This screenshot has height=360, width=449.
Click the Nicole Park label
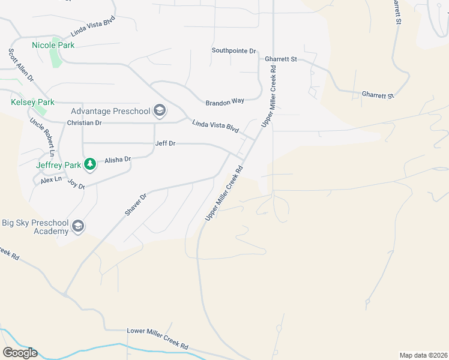(x=53, y=45)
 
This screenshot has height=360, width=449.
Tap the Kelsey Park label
(x=33, y=103)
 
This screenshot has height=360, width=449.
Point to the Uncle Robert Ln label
(x=43, y=137)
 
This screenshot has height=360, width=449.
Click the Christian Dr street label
(x=85, y=122)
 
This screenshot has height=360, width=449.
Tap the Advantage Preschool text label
(x=110, y=111)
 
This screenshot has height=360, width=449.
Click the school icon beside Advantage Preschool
(x=160, y=111)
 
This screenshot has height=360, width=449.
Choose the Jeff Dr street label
(x=165, y=143)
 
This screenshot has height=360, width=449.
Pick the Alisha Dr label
(x=118, y=160)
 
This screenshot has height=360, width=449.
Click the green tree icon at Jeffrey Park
(x=90, y=164)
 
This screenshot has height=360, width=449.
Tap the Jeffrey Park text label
(x=58, y=165)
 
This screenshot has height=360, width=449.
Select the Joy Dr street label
(x=76, y=184)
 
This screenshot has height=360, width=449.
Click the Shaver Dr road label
(x=135, y=206)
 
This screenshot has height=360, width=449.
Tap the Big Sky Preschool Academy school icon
(x=77, y=226)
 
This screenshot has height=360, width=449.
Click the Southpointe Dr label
(x=234, y=51)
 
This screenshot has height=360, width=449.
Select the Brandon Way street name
(x=225, y=103)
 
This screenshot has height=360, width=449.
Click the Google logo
(x=20, y=353)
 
